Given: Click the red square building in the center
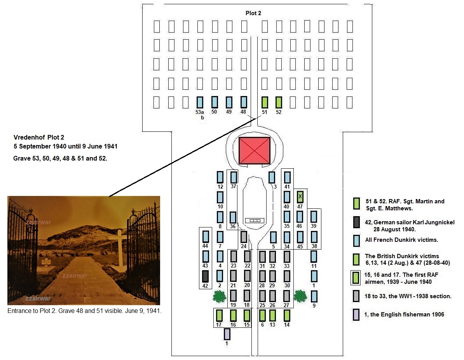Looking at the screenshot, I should tap(254, 150).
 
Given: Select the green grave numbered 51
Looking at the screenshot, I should tap(265, 102).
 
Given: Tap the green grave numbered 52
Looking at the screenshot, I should tap(279, 102).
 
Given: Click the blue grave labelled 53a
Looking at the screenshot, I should tap(200, 102).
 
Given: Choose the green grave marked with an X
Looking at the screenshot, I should tap(300, 196).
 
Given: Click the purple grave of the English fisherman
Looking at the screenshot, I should tap(227, 334).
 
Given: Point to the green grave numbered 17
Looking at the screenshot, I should tap(219, 315).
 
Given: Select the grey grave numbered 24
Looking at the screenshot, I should tap(244, 236).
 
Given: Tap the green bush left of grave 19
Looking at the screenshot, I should tap(220, 297).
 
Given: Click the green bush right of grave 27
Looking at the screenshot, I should tap(300, 295).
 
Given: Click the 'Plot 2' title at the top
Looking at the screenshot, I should tap(253, 13).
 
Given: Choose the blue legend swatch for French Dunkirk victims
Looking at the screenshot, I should tap(356, 240).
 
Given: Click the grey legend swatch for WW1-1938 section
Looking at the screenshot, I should tap(356, 296).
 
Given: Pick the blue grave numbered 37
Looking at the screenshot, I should tap(234, 177).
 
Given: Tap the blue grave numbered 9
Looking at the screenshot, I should tap(314, 296).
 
